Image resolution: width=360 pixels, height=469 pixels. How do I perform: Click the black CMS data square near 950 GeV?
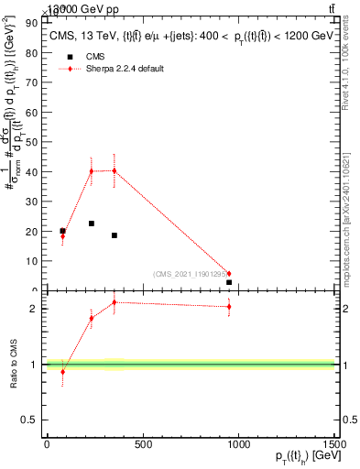pyautogui.click(x=229, y=282)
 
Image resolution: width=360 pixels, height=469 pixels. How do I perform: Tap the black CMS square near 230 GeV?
pyautogui.click(x=92, y=224)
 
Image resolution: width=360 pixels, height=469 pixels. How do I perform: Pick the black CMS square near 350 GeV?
pyautogui.click(x=115, y=235)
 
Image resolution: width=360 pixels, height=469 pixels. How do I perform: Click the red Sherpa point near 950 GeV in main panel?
pyautogui.click(x=229, y=273)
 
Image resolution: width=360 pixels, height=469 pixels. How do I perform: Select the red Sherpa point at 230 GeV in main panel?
pyautogui.click(x=92, y=171)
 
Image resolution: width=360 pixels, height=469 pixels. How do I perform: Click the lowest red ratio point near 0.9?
pyautogui.click(x=62, y=372)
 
